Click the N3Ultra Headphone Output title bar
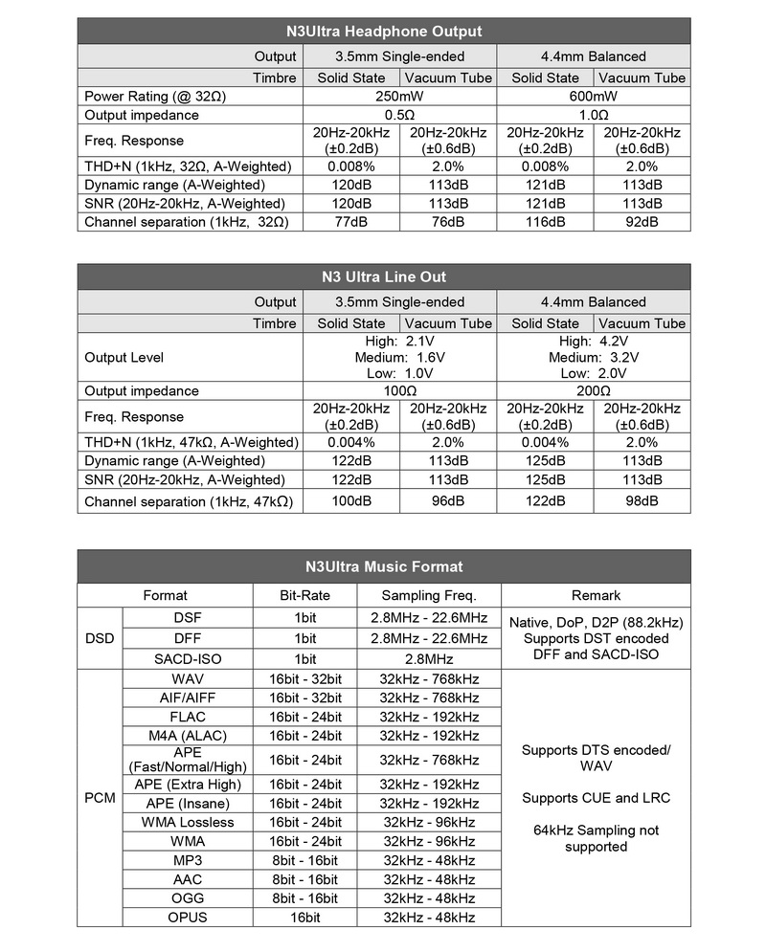383,32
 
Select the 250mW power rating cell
400,96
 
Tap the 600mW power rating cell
594,96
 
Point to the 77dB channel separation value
351,222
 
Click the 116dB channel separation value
546,222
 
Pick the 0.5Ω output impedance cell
400,115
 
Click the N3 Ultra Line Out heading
383,277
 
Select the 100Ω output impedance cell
400,390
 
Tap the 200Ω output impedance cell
594,390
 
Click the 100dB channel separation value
351,500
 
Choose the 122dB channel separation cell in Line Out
546,500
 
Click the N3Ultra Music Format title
383,566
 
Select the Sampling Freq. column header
429,595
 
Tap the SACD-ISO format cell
188,659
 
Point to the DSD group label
100,638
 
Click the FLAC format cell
188,717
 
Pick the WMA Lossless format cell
188,822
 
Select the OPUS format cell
188,918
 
